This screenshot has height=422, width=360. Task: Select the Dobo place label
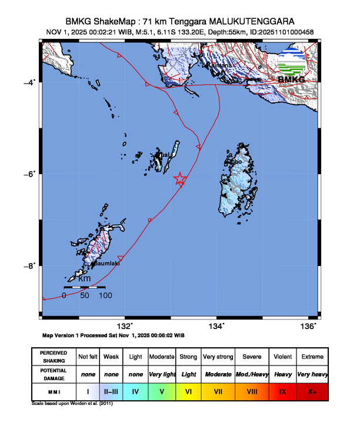235,161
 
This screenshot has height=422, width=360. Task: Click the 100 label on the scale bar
105,295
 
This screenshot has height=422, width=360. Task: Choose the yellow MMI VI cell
189,390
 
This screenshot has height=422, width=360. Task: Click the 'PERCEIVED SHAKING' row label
54,357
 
